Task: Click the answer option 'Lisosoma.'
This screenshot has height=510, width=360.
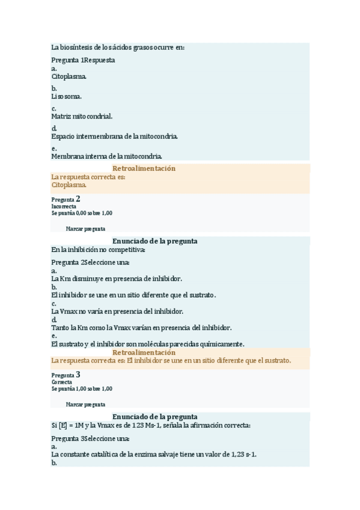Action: click(x=67, y=96)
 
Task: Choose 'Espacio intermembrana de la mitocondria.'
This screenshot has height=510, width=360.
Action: click(x=114, y=137)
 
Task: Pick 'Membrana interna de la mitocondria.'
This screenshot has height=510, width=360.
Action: click(x=107, y=156)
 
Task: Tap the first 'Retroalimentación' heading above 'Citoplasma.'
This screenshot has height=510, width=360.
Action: click(x=144, y=168)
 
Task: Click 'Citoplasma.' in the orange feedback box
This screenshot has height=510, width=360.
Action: click(x=69, y=185)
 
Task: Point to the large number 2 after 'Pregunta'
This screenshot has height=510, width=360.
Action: click(x=78, y=198)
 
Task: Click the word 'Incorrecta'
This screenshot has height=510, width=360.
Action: click(x=64, y=206)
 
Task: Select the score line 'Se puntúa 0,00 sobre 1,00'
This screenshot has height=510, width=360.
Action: click(x=82, y=213)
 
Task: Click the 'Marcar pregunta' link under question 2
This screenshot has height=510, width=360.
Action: click(x=85, y=229)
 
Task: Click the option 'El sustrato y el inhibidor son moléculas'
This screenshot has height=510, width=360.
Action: click(x=147, y=344)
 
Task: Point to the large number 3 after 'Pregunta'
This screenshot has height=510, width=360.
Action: click(x=78, y=374)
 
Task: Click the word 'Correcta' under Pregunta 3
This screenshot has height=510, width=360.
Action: click(x=62, y=381)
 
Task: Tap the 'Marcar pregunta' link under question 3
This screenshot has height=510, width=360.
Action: click(x=85, y=404)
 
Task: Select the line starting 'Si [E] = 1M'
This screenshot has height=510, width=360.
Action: click(x=150, y=425)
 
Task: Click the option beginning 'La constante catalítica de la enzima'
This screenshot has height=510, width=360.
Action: click(x=158, y=455)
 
